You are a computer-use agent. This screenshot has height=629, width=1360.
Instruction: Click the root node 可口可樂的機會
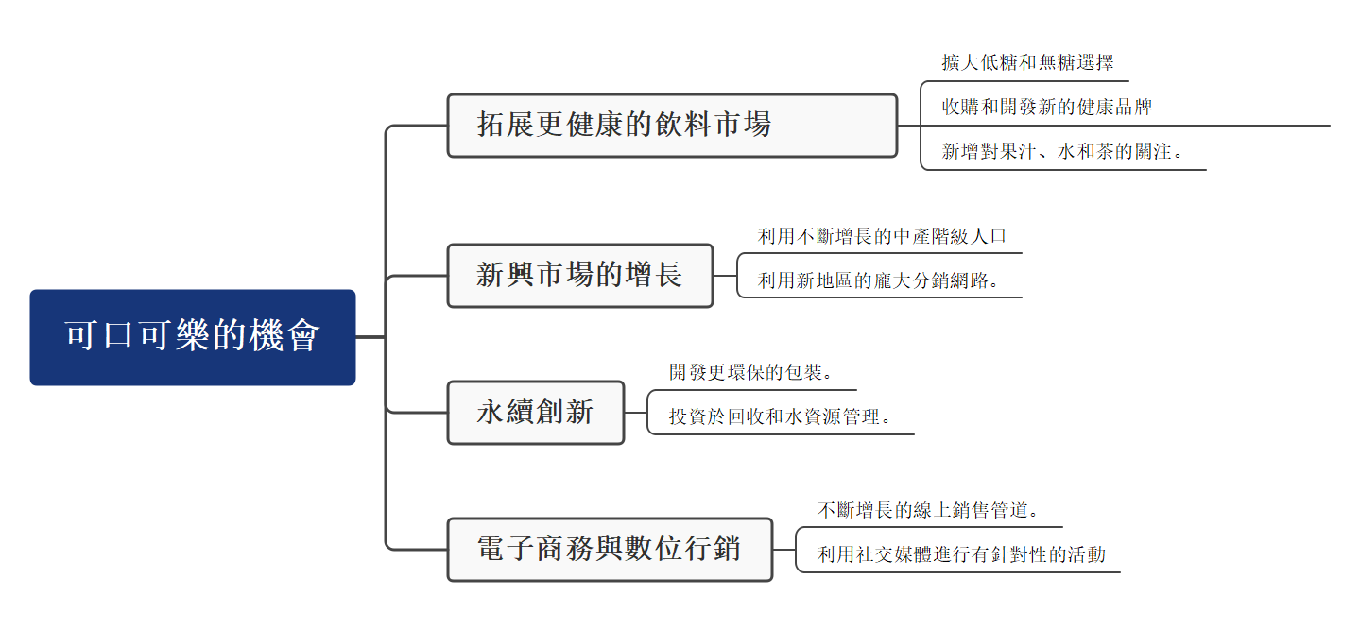coord(193,337)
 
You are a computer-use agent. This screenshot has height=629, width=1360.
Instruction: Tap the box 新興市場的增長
coord(579,276)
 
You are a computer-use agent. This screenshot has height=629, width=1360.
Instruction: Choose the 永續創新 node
coord(535,412)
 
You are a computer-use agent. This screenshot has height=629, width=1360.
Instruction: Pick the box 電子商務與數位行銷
coord(610,549)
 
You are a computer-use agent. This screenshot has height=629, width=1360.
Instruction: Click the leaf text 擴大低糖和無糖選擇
coord(1027,63)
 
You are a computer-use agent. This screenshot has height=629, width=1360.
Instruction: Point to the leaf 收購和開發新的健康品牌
coord(1047,107)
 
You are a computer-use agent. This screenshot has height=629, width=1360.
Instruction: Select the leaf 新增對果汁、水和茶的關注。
coord(1063,151)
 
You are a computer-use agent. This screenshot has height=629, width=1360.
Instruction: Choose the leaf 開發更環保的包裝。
coord(751,372)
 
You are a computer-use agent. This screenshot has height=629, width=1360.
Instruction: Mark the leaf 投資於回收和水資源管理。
coord(781,416)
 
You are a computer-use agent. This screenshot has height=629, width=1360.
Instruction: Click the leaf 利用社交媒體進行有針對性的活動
coord(961,554)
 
